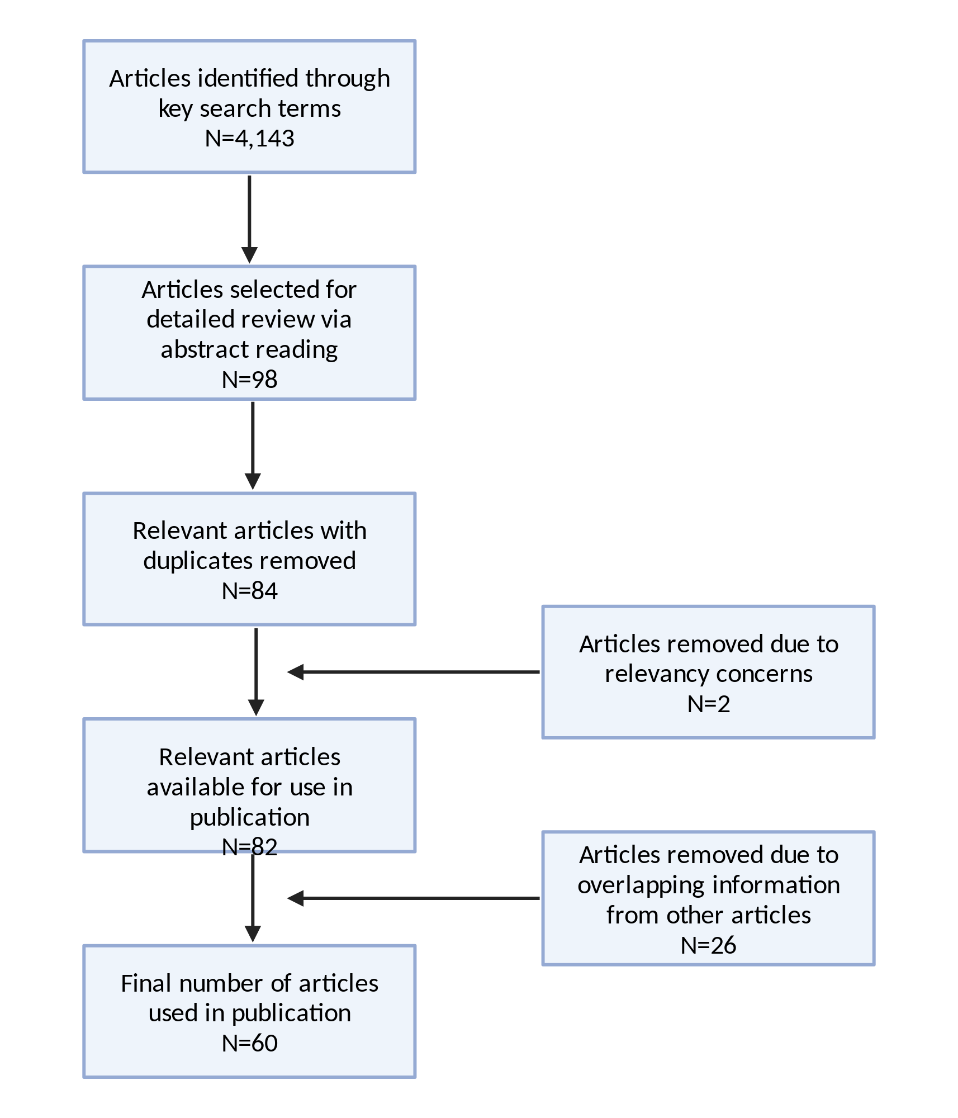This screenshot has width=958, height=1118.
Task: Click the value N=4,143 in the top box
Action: (249, 138)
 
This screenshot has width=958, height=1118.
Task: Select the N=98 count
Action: (249, 380)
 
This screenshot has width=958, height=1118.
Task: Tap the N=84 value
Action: (249, 591)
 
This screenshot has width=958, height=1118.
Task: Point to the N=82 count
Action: (249, 847)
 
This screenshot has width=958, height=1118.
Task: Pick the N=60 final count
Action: (249, 1043)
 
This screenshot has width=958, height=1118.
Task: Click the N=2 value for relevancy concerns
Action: (709, 704)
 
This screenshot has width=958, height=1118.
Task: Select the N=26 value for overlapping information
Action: (709, 945)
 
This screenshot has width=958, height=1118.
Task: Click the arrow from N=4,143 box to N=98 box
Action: (249, 219)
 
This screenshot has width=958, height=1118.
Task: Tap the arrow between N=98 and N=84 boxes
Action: (253, 446)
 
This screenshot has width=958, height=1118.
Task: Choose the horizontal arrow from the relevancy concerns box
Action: (414, 672)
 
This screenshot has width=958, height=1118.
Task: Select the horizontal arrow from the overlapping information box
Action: (414, 898)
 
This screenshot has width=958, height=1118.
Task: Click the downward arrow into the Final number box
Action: (253, 897)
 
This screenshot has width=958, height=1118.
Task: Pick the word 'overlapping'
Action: (641, 885)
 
